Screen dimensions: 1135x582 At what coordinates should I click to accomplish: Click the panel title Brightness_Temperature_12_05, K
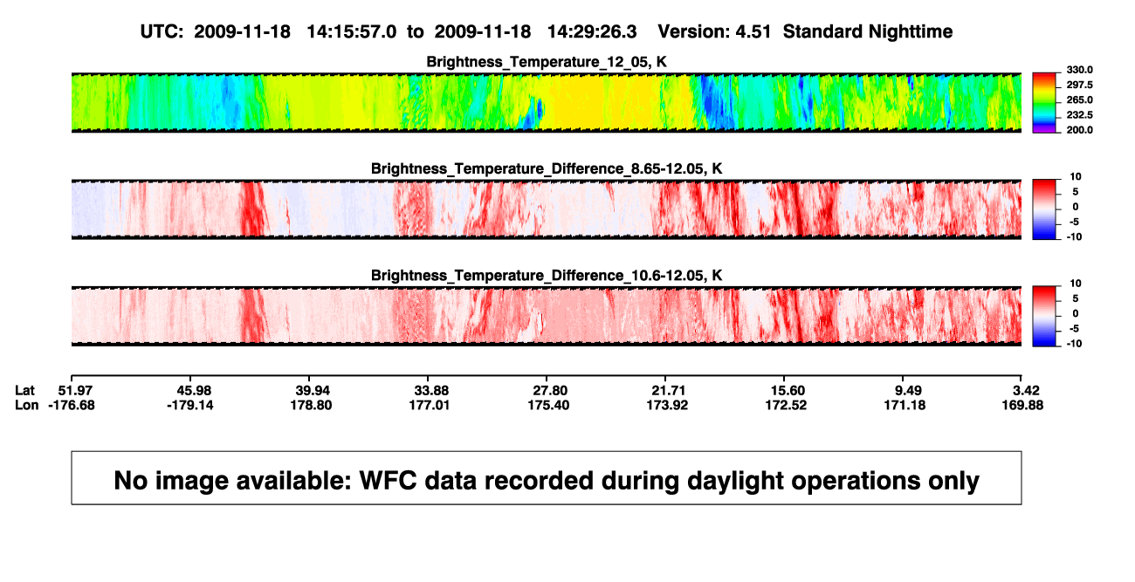[x=547, y=62]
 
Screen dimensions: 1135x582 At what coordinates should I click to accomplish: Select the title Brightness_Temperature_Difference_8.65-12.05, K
[x=547, y=168]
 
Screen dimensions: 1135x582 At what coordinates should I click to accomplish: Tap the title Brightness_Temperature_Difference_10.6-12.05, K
[x=547, y=276]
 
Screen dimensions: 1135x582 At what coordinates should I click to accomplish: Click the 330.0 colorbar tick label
[x=1079, y=70]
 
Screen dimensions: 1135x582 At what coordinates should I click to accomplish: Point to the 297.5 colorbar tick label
[x=1079, y=85]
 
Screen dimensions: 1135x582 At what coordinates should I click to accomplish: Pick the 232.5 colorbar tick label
[x=1079, y=115]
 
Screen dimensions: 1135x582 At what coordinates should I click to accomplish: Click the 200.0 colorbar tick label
[x=1079, y=130]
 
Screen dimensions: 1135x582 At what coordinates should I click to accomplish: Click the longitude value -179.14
[x=190, y=405]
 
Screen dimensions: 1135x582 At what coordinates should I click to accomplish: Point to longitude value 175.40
[x=548, y=405]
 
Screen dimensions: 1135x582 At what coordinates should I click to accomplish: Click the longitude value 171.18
[x=905, y=405]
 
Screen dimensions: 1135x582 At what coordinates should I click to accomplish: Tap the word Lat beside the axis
[x=24, y=391]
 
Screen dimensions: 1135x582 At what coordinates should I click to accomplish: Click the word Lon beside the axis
[x=26, y=405]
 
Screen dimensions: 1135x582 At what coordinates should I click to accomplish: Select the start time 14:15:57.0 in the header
[x=352, y=32]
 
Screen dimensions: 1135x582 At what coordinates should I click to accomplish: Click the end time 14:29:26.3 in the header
[x=592, y=32]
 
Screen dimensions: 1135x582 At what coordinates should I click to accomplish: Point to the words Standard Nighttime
[x=868, y=32]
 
